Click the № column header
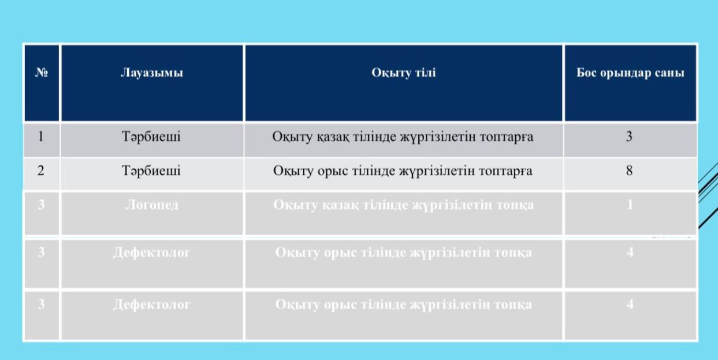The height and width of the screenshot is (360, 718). pos(42,73)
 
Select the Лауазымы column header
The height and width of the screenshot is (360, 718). pos(152,73)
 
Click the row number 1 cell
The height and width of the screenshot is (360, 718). pos(40,136)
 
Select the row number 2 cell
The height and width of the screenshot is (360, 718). pos(40,170)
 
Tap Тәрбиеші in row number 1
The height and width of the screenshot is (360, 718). pos(151,137)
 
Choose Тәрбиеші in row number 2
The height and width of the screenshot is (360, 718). pos(151,171)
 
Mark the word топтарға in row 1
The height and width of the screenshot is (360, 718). pos(507,137)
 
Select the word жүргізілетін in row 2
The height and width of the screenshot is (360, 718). pos(437,171)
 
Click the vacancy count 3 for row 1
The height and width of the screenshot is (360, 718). pos(629,136)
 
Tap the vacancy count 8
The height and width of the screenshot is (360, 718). pos(629,170)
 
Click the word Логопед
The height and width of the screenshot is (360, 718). pos(151,205)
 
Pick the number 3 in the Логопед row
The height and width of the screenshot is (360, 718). pos(41,205)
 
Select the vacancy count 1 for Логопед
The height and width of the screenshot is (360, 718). pos(630,205)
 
